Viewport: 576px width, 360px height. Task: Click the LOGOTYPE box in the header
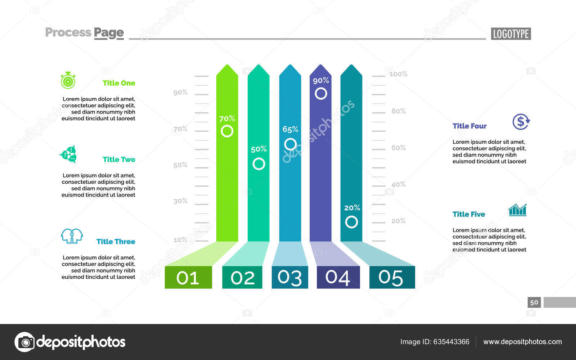(510, 34)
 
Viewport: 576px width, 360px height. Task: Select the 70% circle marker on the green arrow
(227, 131)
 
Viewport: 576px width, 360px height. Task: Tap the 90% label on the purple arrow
(321, 80)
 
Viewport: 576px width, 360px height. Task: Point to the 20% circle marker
(351, 222)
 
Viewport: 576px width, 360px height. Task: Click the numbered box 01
(188, 278)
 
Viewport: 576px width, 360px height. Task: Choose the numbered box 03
(290, 278)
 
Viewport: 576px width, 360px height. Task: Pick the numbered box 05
(392, 278)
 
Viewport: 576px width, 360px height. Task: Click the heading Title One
(119, 83)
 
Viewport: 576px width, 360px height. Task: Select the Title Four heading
(469, 126)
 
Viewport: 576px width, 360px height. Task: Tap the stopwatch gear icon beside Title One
(68, 81)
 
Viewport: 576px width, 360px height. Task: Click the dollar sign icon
(521, 122)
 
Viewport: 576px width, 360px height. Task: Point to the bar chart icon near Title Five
(517, 210)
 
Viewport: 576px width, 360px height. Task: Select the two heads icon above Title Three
(72, 236)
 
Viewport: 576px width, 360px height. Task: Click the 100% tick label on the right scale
(398, 74)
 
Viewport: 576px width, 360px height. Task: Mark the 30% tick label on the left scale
(180, 201)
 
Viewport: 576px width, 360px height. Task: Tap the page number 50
(534, 302)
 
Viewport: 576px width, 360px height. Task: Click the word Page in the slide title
(109, 33)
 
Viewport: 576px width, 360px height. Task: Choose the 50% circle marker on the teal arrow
(258, 164)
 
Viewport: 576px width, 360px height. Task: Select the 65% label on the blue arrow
(290, 129)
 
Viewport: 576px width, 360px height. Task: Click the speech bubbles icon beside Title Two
(68, 154)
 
